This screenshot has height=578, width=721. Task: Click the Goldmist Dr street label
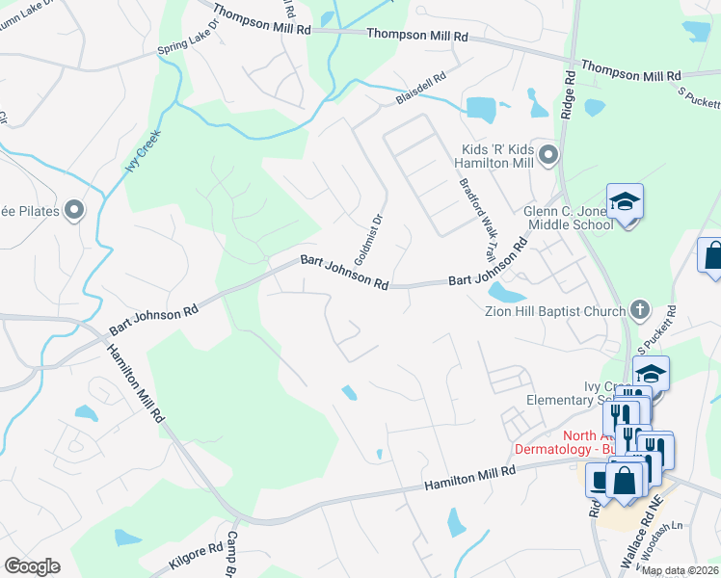369,240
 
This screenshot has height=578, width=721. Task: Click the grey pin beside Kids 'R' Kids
548,155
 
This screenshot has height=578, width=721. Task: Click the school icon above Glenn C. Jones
625,201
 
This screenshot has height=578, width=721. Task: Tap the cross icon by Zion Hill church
638,310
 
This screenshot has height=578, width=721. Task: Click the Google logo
32,565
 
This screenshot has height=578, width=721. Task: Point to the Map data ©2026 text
680,570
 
